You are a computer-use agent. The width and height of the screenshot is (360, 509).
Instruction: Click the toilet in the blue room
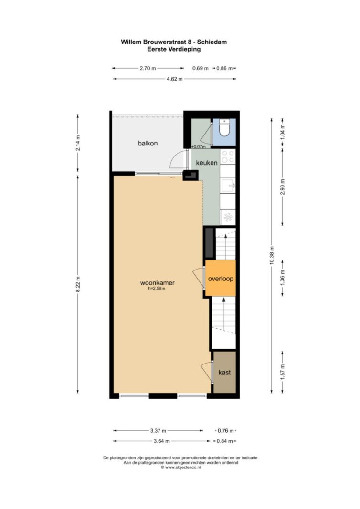point(224,127)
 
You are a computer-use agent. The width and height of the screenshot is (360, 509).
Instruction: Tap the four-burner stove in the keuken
point(227,156)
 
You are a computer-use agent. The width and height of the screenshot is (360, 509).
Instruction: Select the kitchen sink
point(227,186)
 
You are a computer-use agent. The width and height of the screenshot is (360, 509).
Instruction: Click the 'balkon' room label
point(148,143)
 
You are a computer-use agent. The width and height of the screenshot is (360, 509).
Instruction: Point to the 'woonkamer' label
point(157,283)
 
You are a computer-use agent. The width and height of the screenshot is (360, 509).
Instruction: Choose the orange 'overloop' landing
point(220,278)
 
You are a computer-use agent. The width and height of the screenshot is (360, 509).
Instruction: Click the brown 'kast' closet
point(224,372)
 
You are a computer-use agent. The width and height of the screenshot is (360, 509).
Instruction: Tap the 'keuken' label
point(207,163)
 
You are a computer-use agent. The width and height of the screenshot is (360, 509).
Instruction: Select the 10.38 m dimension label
point(272,255)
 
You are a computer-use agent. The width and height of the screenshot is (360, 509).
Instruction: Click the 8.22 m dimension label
point(78,284)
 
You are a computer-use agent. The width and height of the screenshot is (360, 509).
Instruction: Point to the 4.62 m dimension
point(174,79)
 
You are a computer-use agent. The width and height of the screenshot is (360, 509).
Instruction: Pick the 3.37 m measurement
point(158,431)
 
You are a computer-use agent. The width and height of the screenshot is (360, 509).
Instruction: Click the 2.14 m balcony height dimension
point(78,143)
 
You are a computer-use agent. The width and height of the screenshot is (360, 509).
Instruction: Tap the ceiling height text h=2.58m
point(157,289)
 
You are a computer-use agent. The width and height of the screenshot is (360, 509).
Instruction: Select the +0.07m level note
point(199,147)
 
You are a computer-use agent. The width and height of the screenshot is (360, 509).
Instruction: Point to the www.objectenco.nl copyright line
point(180,467)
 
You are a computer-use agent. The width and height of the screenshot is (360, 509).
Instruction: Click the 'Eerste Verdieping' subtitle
point(174,49)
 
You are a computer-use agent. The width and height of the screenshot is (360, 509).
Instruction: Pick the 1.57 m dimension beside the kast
point(282,372)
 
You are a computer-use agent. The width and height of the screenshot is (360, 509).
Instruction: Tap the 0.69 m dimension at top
point(201,69)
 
